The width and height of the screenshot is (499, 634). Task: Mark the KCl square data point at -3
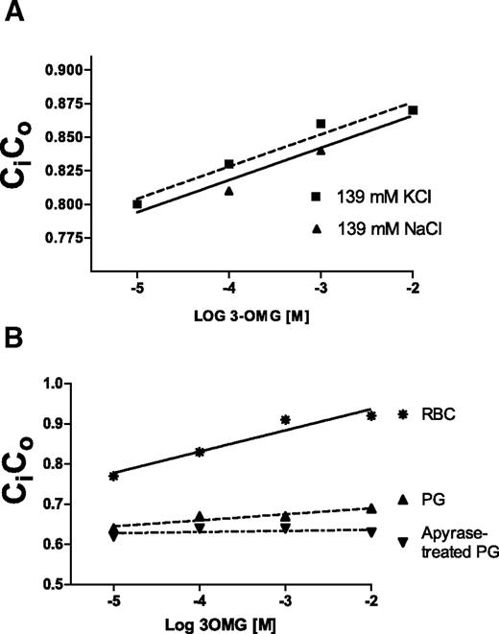(321, 124)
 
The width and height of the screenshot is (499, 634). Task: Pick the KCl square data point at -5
(137, 204)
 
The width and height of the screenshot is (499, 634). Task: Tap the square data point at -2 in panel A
(413, 110)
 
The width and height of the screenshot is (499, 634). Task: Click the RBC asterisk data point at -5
(114, 476)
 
